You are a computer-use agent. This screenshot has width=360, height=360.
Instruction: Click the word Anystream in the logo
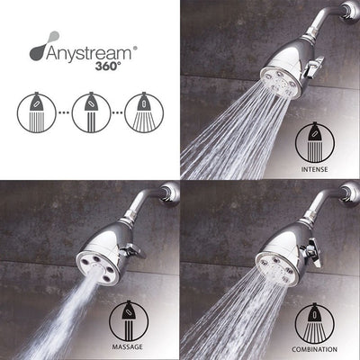[89, 54]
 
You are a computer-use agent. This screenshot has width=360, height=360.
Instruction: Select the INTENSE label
[314, 169]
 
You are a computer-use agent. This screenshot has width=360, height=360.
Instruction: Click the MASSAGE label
[127, 347]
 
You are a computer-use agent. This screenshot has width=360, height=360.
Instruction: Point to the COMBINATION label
[314, 349]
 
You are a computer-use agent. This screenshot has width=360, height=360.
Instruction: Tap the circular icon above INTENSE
[315, 143]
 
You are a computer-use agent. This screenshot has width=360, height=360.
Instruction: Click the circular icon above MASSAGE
[129, 321]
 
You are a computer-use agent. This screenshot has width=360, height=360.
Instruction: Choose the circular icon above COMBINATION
[315, 323]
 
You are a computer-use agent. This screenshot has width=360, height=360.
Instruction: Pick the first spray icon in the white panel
[37, 112]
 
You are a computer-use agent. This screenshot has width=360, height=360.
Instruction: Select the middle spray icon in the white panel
[91, 112]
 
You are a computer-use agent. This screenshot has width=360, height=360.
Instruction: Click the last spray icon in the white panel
[144, 112]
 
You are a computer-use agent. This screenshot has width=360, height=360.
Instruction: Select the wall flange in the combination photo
[350, 193]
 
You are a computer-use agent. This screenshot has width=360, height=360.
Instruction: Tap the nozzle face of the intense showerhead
[281, 82]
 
